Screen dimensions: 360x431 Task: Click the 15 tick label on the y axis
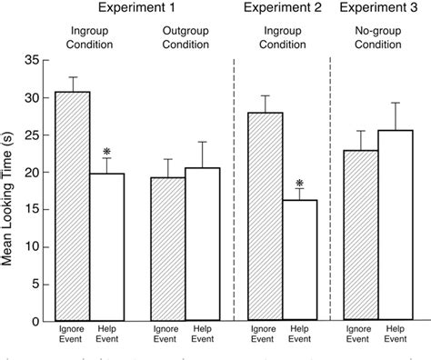(32, 210)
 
